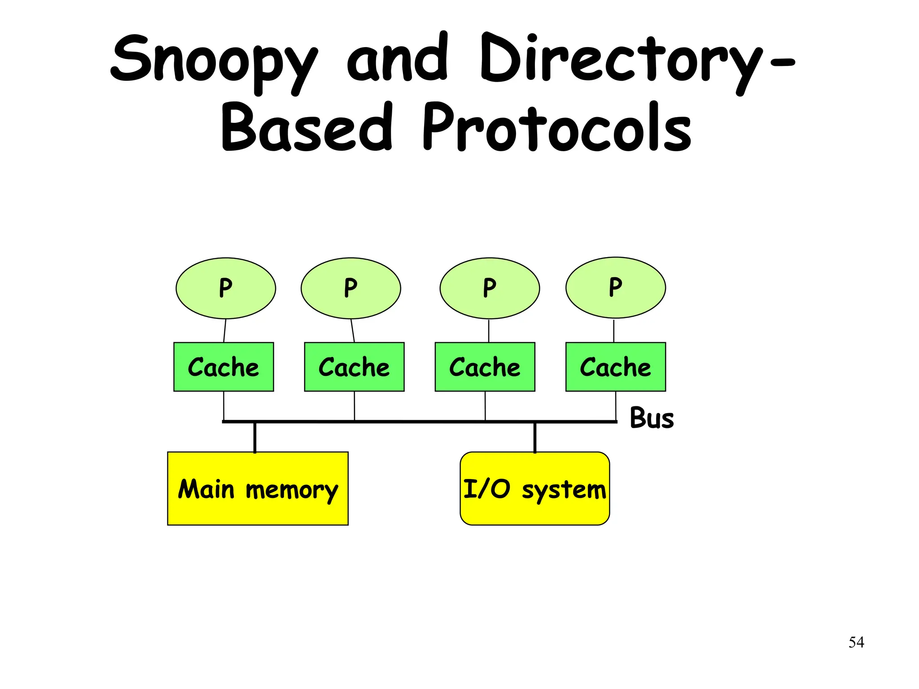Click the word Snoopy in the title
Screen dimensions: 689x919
pyautogui.click(x=214, y=61)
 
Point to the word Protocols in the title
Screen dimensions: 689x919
pyautogui.click(x=556, y=128)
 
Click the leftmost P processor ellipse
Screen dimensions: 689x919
pyautogui.click(x=226, y=288)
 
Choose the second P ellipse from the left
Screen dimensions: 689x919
pyautogui.click(x=351, y=288)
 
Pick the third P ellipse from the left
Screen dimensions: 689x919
pyautogui.click(x=490, y=288)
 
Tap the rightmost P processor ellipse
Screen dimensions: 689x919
pyautogui.click(x=616, y=288)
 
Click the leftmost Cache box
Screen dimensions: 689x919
pyautogui.click(x=223, y=367)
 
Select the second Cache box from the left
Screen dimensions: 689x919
pyautogui.click(x=354, y=367)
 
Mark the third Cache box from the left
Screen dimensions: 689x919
pyautogui.click(x=485, y=367)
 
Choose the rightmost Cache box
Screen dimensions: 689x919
pyautogui.click(x=615, y=367)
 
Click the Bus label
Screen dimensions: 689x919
pyautogui.click(x=652, y=418)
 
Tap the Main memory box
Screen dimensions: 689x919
pyautogui.click(x=258, y=488)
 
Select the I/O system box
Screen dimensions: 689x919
pyautogui.click(x=534, y=488)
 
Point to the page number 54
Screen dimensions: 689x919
pyautogui.click(x=856, y=642)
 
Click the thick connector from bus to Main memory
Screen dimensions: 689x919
pyautogui.click(x=255, y=437)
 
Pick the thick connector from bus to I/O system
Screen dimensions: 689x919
pyautogui.click(x=535, y=437)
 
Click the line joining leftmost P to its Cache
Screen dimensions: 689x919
pyautogui.click(x=224, y=331)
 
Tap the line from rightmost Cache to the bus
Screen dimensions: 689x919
pyautogui.click(x=616, y=406)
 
